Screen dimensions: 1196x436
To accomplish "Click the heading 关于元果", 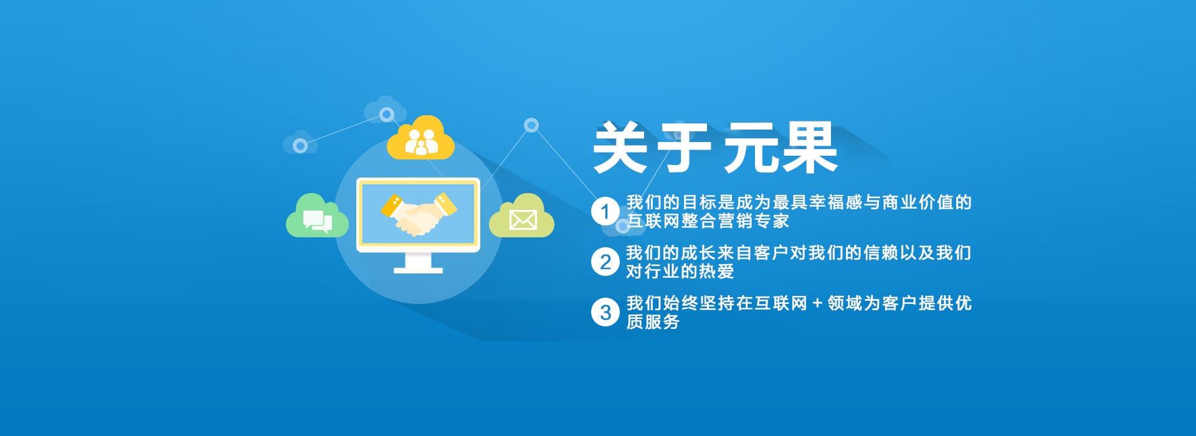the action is pyautogui.click(x=714, y=148).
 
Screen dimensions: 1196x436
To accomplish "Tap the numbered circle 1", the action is pyautogui.click(x=605, y=212).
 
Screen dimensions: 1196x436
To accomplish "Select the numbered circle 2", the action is pyautogui.click(x=605, y=262).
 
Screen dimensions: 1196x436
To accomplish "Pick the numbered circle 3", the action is pyautogui.click(x=605, y=313).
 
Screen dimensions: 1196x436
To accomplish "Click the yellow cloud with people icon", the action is pyautogui.click(x=420, y=138).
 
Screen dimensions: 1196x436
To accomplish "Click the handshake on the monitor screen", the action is pyautogui.click(x=418, y=214).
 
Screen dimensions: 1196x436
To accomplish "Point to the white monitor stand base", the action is pyautogui.click(x=418, y=270).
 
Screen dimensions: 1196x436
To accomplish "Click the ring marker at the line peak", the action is pyautogui.click(x=531, y=125).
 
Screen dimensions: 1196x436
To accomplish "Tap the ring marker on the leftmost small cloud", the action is pyautogui.click(x=300, y=146).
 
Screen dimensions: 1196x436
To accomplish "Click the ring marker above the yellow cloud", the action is pyautogui.click(x=387, y=115).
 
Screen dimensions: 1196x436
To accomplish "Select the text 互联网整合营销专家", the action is pyautogui.click(x=708, y=221).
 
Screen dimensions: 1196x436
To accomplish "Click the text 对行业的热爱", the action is pyautogui.click(x=680, y=272).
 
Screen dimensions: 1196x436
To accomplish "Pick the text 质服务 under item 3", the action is pyautogui.click(x=653, y=322).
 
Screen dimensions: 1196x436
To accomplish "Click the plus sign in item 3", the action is pyautogui.click(x=817, y=304).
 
